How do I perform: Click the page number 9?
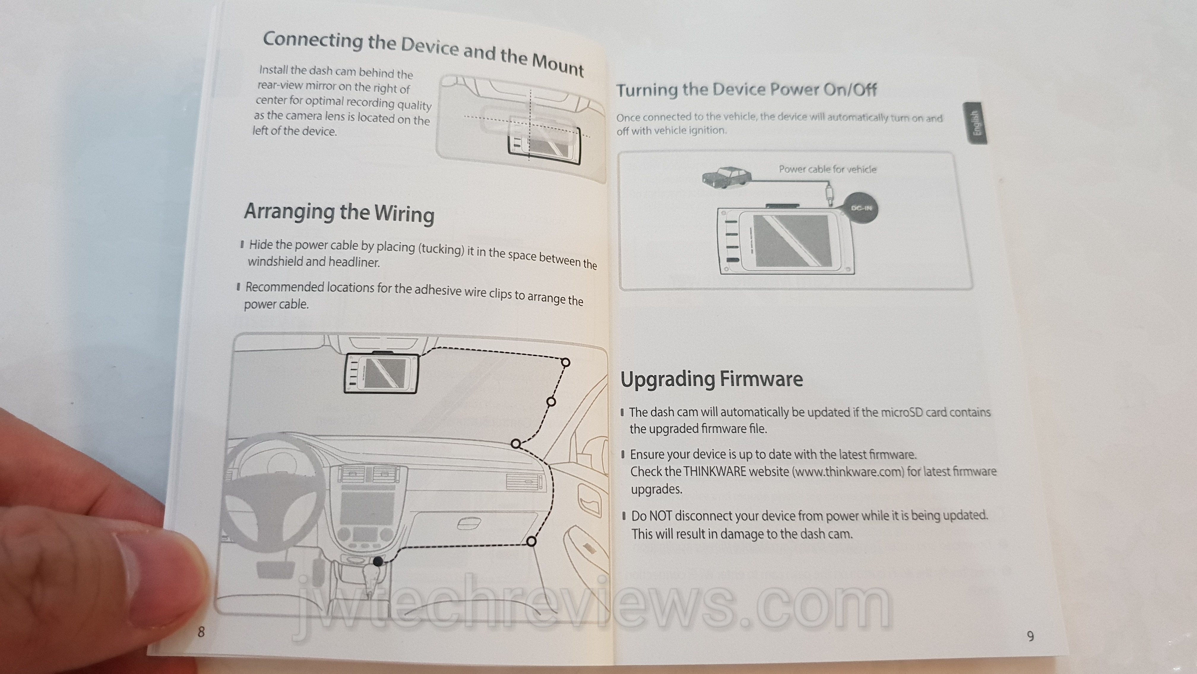(1030, 636)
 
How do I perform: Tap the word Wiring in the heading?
(404, 214)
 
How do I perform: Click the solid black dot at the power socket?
(378, 561)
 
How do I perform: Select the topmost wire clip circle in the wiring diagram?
(566, 362)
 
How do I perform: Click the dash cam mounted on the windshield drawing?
(381, 373)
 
